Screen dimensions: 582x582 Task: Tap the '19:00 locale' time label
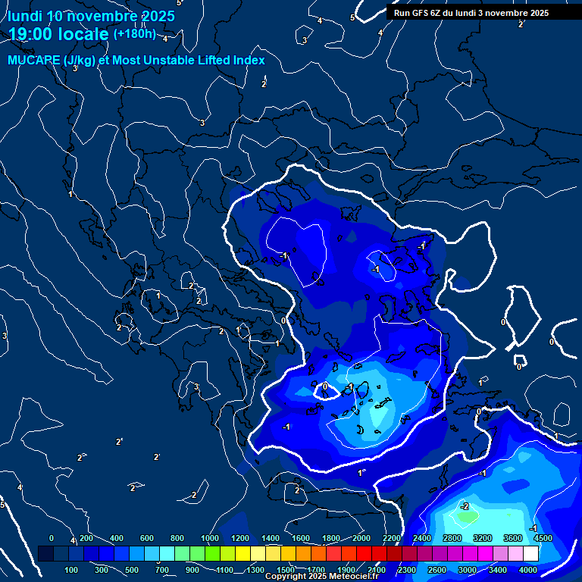[59, 34]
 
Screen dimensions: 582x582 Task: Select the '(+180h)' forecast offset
[134, 34]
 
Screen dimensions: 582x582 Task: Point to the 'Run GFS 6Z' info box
[471, 12]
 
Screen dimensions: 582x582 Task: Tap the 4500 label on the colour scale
[543, 538]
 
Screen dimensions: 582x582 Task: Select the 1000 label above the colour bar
[210, 538]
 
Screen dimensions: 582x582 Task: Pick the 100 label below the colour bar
[72, 570]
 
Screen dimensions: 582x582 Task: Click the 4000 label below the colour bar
[528, 570]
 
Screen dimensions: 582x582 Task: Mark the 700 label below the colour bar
[163, 570]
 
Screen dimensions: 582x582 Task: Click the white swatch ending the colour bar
[530, 554]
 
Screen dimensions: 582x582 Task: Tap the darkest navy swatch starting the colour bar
[45, 554]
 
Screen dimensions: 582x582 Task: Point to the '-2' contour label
[465, 506]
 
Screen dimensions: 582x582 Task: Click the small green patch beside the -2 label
[468, 517]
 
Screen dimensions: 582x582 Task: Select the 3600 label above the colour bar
[513, 538]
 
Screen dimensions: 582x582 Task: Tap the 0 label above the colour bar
[52, 538]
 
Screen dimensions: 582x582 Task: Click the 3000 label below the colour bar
[468, 570]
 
